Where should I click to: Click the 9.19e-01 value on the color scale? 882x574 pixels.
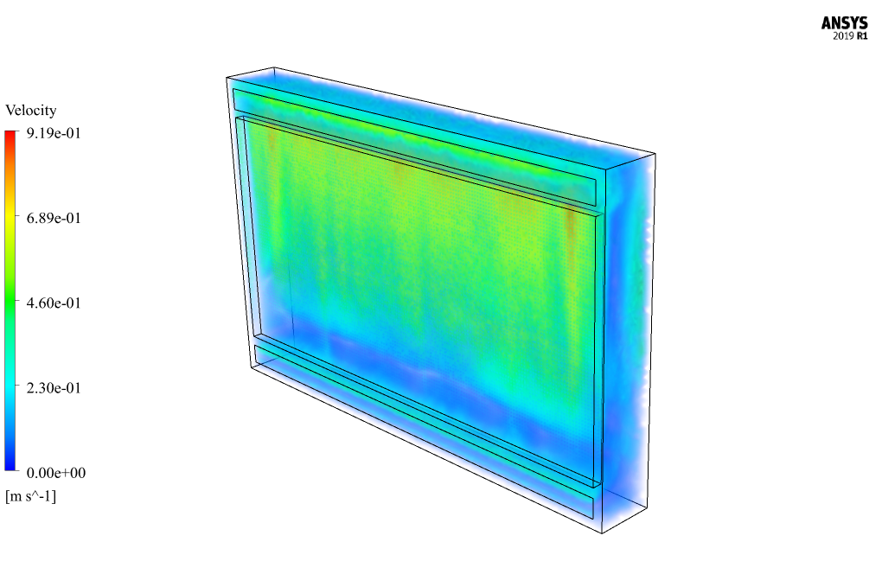54,133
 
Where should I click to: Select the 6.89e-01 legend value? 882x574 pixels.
54,218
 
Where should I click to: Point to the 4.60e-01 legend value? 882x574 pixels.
54,303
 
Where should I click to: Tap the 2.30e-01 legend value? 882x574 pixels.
54,388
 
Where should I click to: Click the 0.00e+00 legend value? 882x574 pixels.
56,473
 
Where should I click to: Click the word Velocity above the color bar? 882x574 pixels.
31,110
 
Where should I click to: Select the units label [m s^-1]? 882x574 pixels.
31,496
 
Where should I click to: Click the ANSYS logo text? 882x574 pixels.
844,23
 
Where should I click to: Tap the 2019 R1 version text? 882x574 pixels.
850,36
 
